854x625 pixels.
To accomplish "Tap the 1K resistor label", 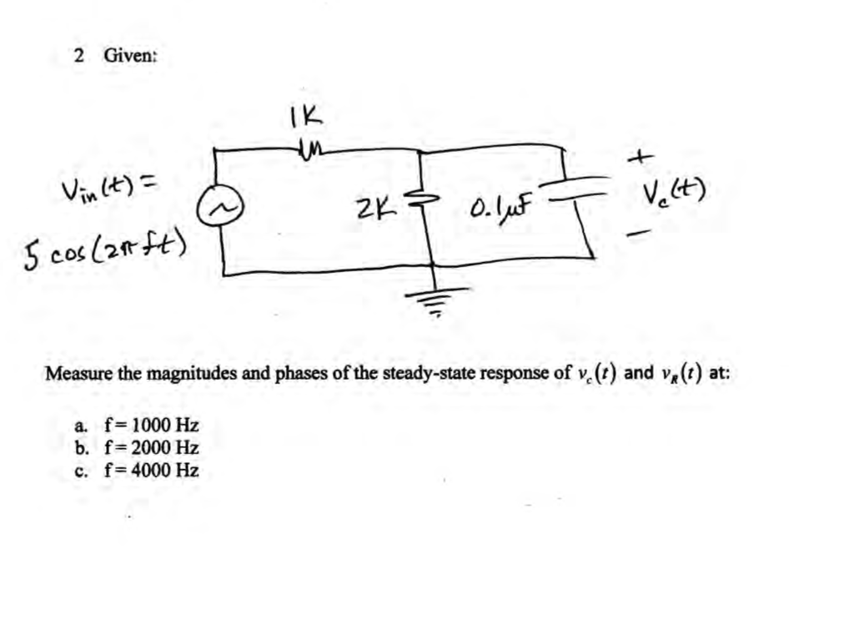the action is coord(306,116).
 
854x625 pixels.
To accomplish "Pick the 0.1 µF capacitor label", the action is coord(500,204).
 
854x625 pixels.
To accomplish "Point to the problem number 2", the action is coord(78,56).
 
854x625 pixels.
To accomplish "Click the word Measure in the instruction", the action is coord(79,373).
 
